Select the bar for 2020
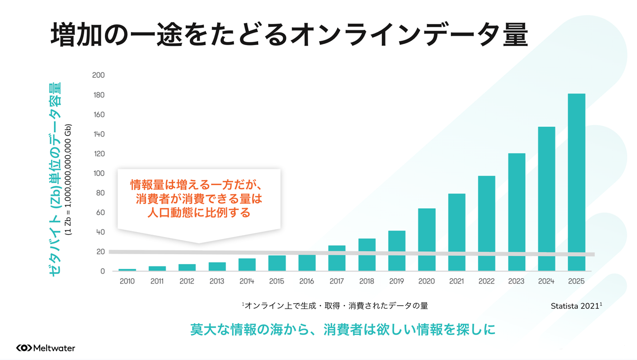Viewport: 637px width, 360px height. tap(426, 240)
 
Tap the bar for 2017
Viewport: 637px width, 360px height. tap(337, 258)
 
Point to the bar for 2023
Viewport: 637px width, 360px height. tap(516, 212)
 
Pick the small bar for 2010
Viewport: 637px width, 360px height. tap(127, 270)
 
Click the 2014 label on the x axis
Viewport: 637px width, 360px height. tap(246, 281)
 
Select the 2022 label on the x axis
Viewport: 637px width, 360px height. tap(486, 281)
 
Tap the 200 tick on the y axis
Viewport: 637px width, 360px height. tap(98, 75)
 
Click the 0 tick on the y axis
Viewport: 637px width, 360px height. tap(102, 271)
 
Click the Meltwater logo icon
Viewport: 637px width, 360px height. tap(24, 348)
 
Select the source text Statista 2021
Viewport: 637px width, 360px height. tap(576, 306)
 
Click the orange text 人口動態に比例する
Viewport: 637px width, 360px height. tap(198, 213)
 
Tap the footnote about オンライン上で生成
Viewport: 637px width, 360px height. tap(335, 306)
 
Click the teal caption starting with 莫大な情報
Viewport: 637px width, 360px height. tap(343, 329)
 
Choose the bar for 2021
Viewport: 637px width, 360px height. tap(456, 232)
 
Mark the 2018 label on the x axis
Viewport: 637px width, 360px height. tap(367, 281)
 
